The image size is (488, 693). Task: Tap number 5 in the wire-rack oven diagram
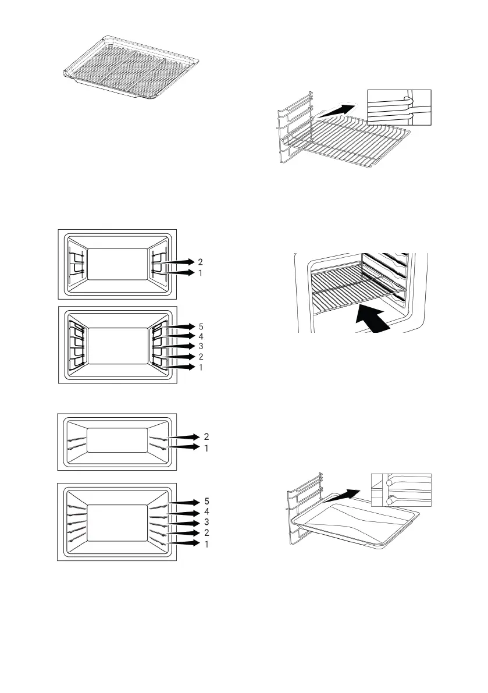pos(201,326)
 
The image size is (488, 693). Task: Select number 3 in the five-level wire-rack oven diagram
pos(201,346)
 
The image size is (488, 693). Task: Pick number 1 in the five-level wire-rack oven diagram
pos(201,367)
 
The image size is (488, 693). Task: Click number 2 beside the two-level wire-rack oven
pos(201,262)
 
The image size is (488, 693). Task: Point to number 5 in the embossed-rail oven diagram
pos(206,502)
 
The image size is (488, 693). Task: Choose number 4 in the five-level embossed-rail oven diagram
pos(206,512)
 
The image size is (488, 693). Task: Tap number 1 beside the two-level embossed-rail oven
pos(206,448)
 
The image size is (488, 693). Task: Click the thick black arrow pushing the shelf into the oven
pos(373,319)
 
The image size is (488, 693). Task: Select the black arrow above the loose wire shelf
pos(337,111)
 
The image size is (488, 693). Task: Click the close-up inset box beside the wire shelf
pos(399,108)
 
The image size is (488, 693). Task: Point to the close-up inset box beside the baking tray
pos(401,490)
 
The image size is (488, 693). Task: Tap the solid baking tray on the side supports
pos(355,525)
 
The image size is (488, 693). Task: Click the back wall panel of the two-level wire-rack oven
pos(117,264)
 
